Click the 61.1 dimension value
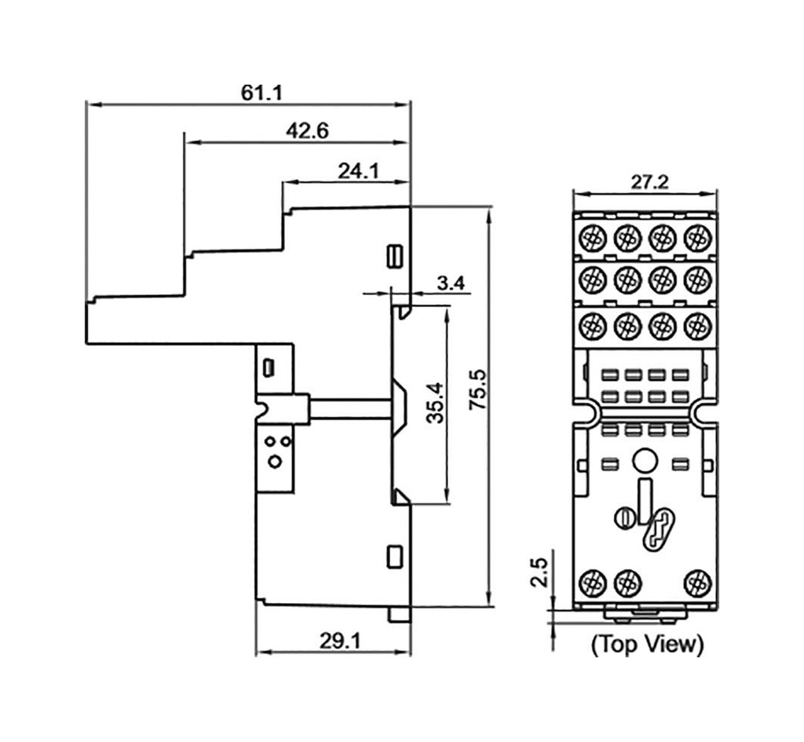pyautogui.click(x=262, y=93)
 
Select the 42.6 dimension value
pyautogui.click(x=307, y=131)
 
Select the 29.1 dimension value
pyautogui.click(x=339, y=641)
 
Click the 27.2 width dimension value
pyautogui.click(x=649, y=182)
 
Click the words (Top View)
pyautogui.click(x=647, y=645)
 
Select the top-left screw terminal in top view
pyautogui.click(x=592, y=236)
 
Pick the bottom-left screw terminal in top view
pyautogui.click(x=591, y=583)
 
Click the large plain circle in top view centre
pyautogui.click(x=645, y=460)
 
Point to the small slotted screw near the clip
pyautogui.click(x=624, y=517)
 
